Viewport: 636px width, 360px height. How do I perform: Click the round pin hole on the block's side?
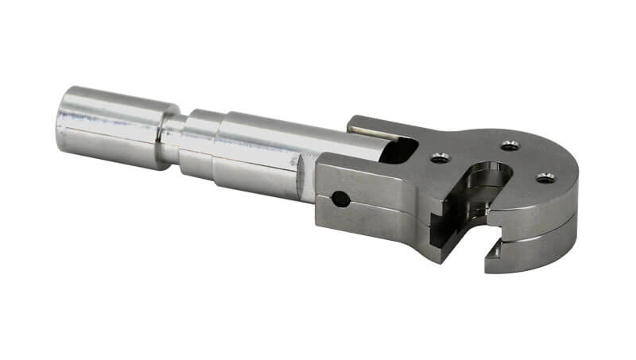[x=340, y=199]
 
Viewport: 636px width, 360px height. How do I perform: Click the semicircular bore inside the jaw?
[x=489, y=179]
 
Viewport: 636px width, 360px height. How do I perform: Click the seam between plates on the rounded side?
[x=549, y=230]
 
